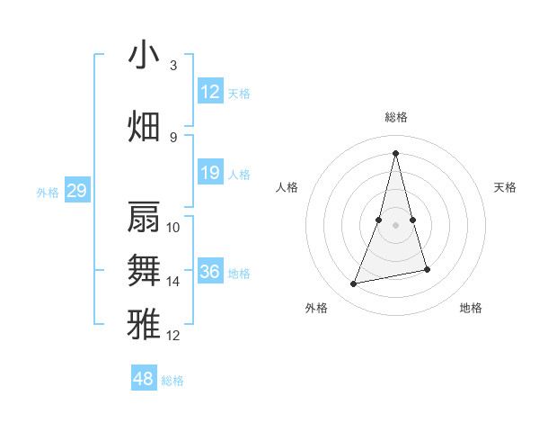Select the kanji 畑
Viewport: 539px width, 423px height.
[144, 126]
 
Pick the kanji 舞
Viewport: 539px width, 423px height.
[144, 271]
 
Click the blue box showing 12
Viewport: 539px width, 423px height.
[210, 92]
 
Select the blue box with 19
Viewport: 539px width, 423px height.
[210, 174]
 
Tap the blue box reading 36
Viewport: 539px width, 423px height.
[210, 272]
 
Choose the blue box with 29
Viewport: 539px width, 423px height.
[76, 191]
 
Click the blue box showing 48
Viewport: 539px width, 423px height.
[144, 379]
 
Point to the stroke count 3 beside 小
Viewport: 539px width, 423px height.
[173, 66]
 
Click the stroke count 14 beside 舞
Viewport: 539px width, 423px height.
[173, 282]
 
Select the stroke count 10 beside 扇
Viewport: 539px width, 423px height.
[173, 228]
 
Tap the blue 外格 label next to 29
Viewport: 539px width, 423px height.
[48, 192]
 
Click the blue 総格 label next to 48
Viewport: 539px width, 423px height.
[173, 381]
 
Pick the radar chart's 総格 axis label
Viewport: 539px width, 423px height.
[395, 117]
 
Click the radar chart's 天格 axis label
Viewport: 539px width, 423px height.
[505, 187]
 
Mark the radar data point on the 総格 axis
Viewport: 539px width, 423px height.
[395, 152]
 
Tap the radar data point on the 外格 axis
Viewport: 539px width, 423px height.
[354, 284]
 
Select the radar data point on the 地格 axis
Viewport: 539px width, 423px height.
[427, 270]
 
